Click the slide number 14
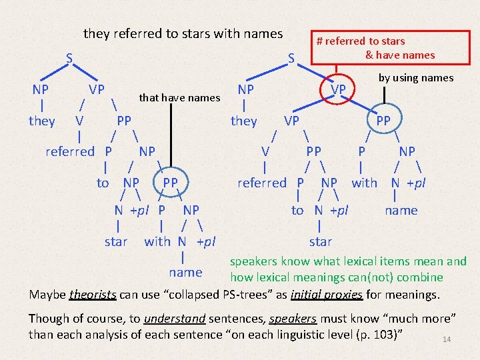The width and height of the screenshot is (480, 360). [447, 340]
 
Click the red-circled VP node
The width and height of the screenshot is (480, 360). [339, 89]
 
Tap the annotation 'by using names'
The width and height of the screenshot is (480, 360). [416, 78]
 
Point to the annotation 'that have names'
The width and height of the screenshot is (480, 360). [179, 98]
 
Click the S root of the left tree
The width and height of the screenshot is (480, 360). [69, 57]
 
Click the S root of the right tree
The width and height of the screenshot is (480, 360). [291, 59]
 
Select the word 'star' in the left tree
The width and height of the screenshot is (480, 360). [116, 241]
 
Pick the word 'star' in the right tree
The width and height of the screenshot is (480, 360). [320, 241]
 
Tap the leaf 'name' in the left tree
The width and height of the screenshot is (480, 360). [185, 272]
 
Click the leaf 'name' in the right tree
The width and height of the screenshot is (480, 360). [401, 211]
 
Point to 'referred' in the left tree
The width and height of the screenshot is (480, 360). [70, 151]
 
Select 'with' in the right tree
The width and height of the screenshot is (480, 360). [364, 182]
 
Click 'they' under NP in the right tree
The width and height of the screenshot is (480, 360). [243, 121]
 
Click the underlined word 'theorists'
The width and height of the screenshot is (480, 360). [93, 294]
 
